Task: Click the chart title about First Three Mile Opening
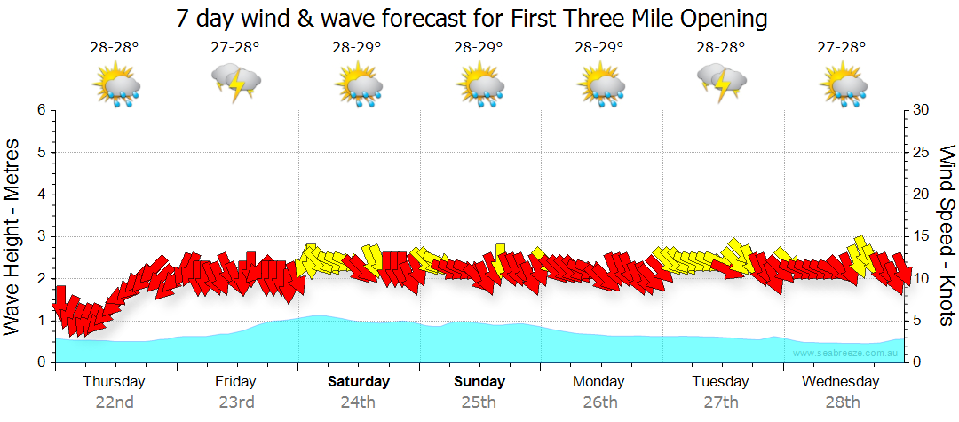472,19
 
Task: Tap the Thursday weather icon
116,84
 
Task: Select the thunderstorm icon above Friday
236,84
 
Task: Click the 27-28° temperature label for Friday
235,47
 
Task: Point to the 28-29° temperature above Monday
599,47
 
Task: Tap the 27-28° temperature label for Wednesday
842,47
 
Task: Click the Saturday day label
359,382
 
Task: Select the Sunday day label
479,382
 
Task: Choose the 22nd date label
115,402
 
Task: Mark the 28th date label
843,402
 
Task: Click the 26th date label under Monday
600,402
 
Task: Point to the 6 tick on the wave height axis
41,110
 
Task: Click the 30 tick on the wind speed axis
922,110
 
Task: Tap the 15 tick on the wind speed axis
922,236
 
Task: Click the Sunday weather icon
480,84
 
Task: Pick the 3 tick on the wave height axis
41,236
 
